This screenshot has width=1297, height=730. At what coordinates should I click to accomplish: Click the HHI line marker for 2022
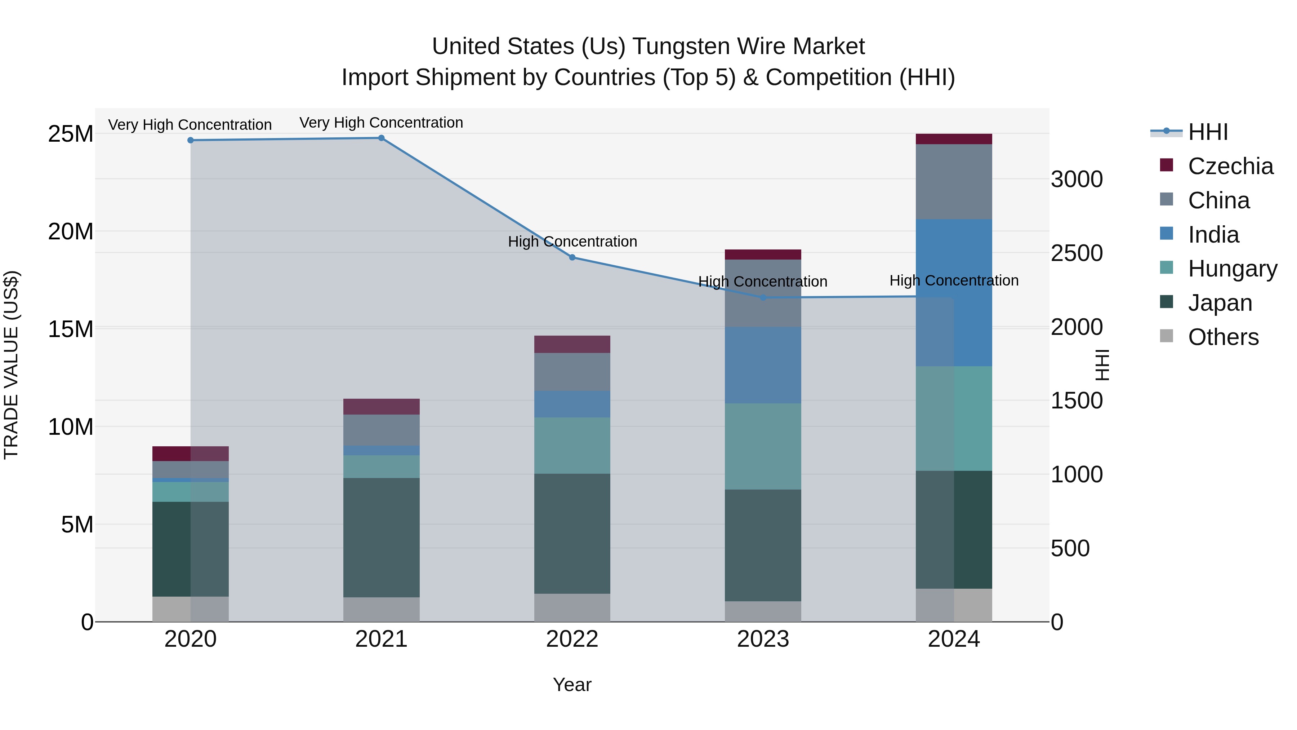[572, 257]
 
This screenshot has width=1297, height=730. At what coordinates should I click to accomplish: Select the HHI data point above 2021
[381, 138]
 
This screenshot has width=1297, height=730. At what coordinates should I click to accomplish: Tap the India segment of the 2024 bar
[954, 292]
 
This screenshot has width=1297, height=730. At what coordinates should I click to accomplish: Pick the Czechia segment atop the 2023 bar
[763, 255]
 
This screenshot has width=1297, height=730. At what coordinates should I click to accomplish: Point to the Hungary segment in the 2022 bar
[572, 445]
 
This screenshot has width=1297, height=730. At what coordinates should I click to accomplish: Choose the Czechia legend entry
[1230, 166]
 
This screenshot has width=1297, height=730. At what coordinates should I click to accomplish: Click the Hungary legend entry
[1232, 269]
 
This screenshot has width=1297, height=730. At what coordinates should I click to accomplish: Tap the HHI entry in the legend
[1208, 132]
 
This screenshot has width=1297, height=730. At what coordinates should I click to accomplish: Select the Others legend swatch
[1166, 336]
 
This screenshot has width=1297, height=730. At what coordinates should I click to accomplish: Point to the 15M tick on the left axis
[71, 329]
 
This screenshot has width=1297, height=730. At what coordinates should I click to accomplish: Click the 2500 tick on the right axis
[1077, 253]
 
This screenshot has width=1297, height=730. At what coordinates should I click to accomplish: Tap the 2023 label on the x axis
[763, 639]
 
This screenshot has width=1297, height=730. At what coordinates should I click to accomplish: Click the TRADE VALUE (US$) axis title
[11, 365]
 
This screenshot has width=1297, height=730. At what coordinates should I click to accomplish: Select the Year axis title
[572, 685]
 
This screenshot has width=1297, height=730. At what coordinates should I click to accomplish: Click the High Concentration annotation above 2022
[572, 242]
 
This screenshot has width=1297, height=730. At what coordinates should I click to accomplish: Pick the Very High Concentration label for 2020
[190, 124]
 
